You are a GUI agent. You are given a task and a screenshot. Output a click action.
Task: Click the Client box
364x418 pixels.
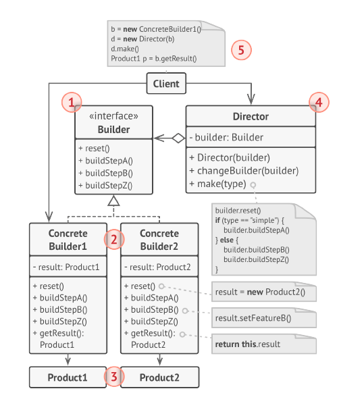coord(166,84)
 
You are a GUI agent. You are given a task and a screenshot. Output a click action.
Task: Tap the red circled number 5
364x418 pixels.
coord(241,50)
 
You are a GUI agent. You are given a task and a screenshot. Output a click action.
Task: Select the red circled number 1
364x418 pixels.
coord(72,102)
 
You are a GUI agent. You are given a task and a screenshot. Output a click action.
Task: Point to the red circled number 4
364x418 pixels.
coord(319,102)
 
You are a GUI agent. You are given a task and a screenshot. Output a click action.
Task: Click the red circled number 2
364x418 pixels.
coord(114,240)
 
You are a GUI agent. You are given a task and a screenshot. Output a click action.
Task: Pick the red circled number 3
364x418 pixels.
coord(114,377)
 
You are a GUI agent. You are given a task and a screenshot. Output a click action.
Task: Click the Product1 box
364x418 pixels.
coord(68,377)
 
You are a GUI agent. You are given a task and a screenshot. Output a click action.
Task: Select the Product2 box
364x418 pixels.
coord(160,377)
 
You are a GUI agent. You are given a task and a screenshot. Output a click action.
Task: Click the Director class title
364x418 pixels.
coord(251,117)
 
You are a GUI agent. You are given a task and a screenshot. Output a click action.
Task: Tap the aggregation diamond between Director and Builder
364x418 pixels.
coord(178,138)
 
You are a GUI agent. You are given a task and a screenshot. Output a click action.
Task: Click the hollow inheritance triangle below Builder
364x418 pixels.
coord(113,201)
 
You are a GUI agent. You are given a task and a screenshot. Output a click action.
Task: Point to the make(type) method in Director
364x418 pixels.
coord(218,184)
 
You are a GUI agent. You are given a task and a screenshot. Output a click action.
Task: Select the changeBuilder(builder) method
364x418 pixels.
coord(244,171)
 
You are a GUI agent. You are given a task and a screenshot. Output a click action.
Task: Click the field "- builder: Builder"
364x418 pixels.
coord(226,137)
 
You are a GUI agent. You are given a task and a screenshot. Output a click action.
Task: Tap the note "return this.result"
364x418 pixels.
coord(264,344)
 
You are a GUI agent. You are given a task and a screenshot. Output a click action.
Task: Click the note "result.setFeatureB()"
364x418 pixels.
coord(264,318)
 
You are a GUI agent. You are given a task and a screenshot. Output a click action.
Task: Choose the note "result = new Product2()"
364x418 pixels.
coord(264,292)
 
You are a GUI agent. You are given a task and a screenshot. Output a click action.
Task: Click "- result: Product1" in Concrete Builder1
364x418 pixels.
coord(66,267)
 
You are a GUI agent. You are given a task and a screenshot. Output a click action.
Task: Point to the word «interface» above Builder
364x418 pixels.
coord(113,116)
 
